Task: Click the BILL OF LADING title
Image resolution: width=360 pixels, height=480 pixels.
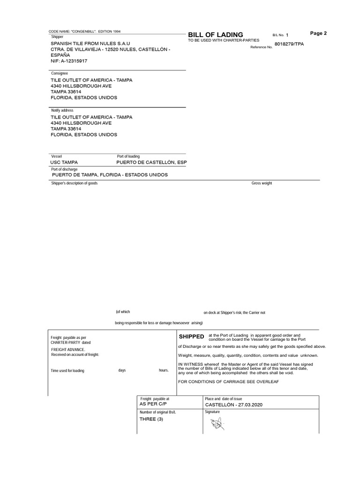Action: (215, 35)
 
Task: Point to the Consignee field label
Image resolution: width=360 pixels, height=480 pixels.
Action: (60, 74)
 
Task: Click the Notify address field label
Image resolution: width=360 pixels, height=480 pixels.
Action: (62, 110)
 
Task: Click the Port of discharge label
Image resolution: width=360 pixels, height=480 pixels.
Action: (65, 169)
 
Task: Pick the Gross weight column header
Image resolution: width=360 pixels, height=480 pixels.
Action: (262, 183)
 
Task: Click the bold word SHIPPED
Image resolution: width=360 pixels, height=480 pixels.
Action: (191, 337)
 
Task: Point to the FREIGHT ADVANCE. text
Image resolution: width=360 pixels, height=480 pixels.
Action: (68, 350)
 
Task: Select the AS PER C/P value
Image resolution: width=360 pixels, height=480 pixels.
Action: (153, 404)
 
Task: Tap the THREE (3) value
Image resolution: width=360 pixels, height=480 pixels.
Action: (152, 419)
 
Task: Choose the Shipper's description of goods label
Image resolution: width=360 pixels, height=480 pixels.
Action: (74, 183)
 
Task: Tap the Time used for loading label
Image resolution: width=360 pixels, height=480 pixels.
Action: (67, 370)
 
